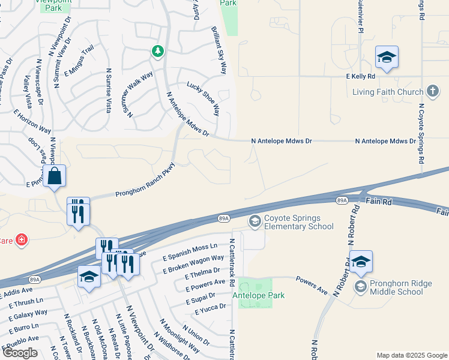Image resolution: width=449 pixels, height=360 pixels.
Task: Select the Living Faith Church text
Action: (x=388, y=92)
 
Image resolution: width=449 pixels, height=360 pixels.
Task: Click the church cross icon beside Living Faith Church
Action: (x=432, y=92)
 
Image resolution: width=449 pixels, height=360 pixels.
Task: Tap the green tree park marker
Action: (x=158, y=52)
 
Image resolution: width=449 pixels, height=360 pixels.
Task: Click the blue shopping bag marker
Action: (x=54, y=176)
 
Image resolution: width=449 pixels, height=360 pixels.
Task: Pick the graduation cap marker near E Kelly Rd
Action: (x=387, y=58)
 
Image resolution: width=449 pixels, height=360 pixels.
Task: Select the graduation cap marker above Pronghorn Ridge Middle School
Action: (x=361, y=262)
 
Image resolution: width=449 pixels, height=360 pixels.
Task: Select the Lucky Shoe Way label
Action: (x=203, y=99)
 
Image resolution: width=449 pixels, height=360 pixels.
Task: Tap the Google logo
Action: (x=20, y=353)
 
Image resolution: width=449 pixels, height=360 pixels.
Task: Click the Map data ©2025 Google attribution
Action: (x=411, y=355)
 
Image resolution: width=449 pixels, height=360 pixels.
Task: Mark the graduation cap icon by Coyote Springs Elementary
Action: (x=255, y=222)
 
